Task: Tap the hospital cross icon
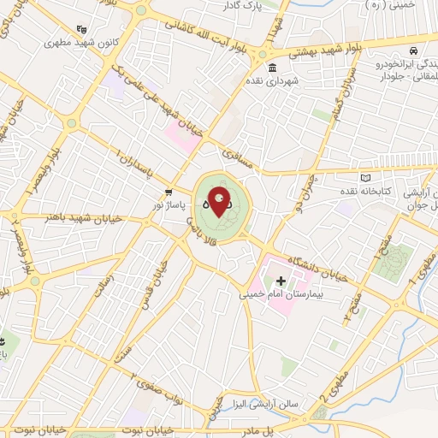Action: [281, 281]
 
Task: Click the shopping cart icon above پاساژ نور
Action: [169, 192]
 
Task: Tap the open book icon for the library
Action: [367, 177]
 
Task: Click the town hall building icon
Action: [272, 68]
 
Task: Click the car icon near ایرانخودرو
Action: [412, 50]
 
